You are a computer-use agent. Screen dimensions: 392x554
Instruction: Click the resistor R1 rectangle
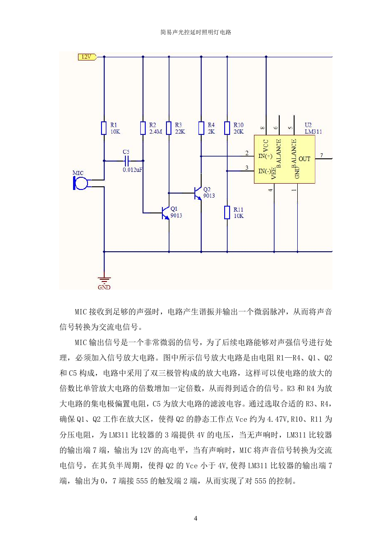pos(104,128)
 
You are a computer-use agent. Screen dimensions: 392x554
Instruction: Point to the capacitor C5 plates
pos(127,161)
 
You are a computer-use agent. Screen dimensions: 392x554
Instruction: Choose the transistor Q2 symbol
pos(198,193)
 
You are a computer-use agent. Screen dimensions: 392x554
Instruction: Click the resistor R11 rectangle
pos(227,212)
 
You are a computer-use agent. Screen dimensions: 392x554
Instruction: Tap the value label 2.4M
pos(156,132)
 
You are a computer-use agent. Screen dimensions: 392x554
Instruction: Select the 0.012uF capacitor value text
pos(133,170)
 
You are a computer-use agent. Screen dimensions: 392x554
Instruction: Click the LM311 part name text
pos(314,132)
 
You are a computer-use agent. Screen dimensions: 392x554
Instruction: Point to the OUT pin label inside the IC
pos(304,159)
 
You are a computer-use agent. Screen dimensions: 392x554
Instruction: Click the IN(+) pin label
pos(265,156)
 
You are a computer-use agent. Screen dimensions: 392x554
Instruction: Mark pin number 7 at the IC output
pos(322,155)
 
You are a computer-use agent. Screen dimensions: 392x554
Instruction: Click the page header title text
pos(196,32)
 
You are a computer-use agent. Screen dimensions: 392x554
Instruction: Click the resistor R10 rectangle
pos(227,128)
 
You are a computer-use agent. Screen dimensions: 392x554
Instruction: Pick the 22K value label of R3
pos(180,132)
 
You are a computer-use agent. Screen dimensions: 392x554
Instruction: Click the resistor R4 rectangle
pos(201,128)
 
